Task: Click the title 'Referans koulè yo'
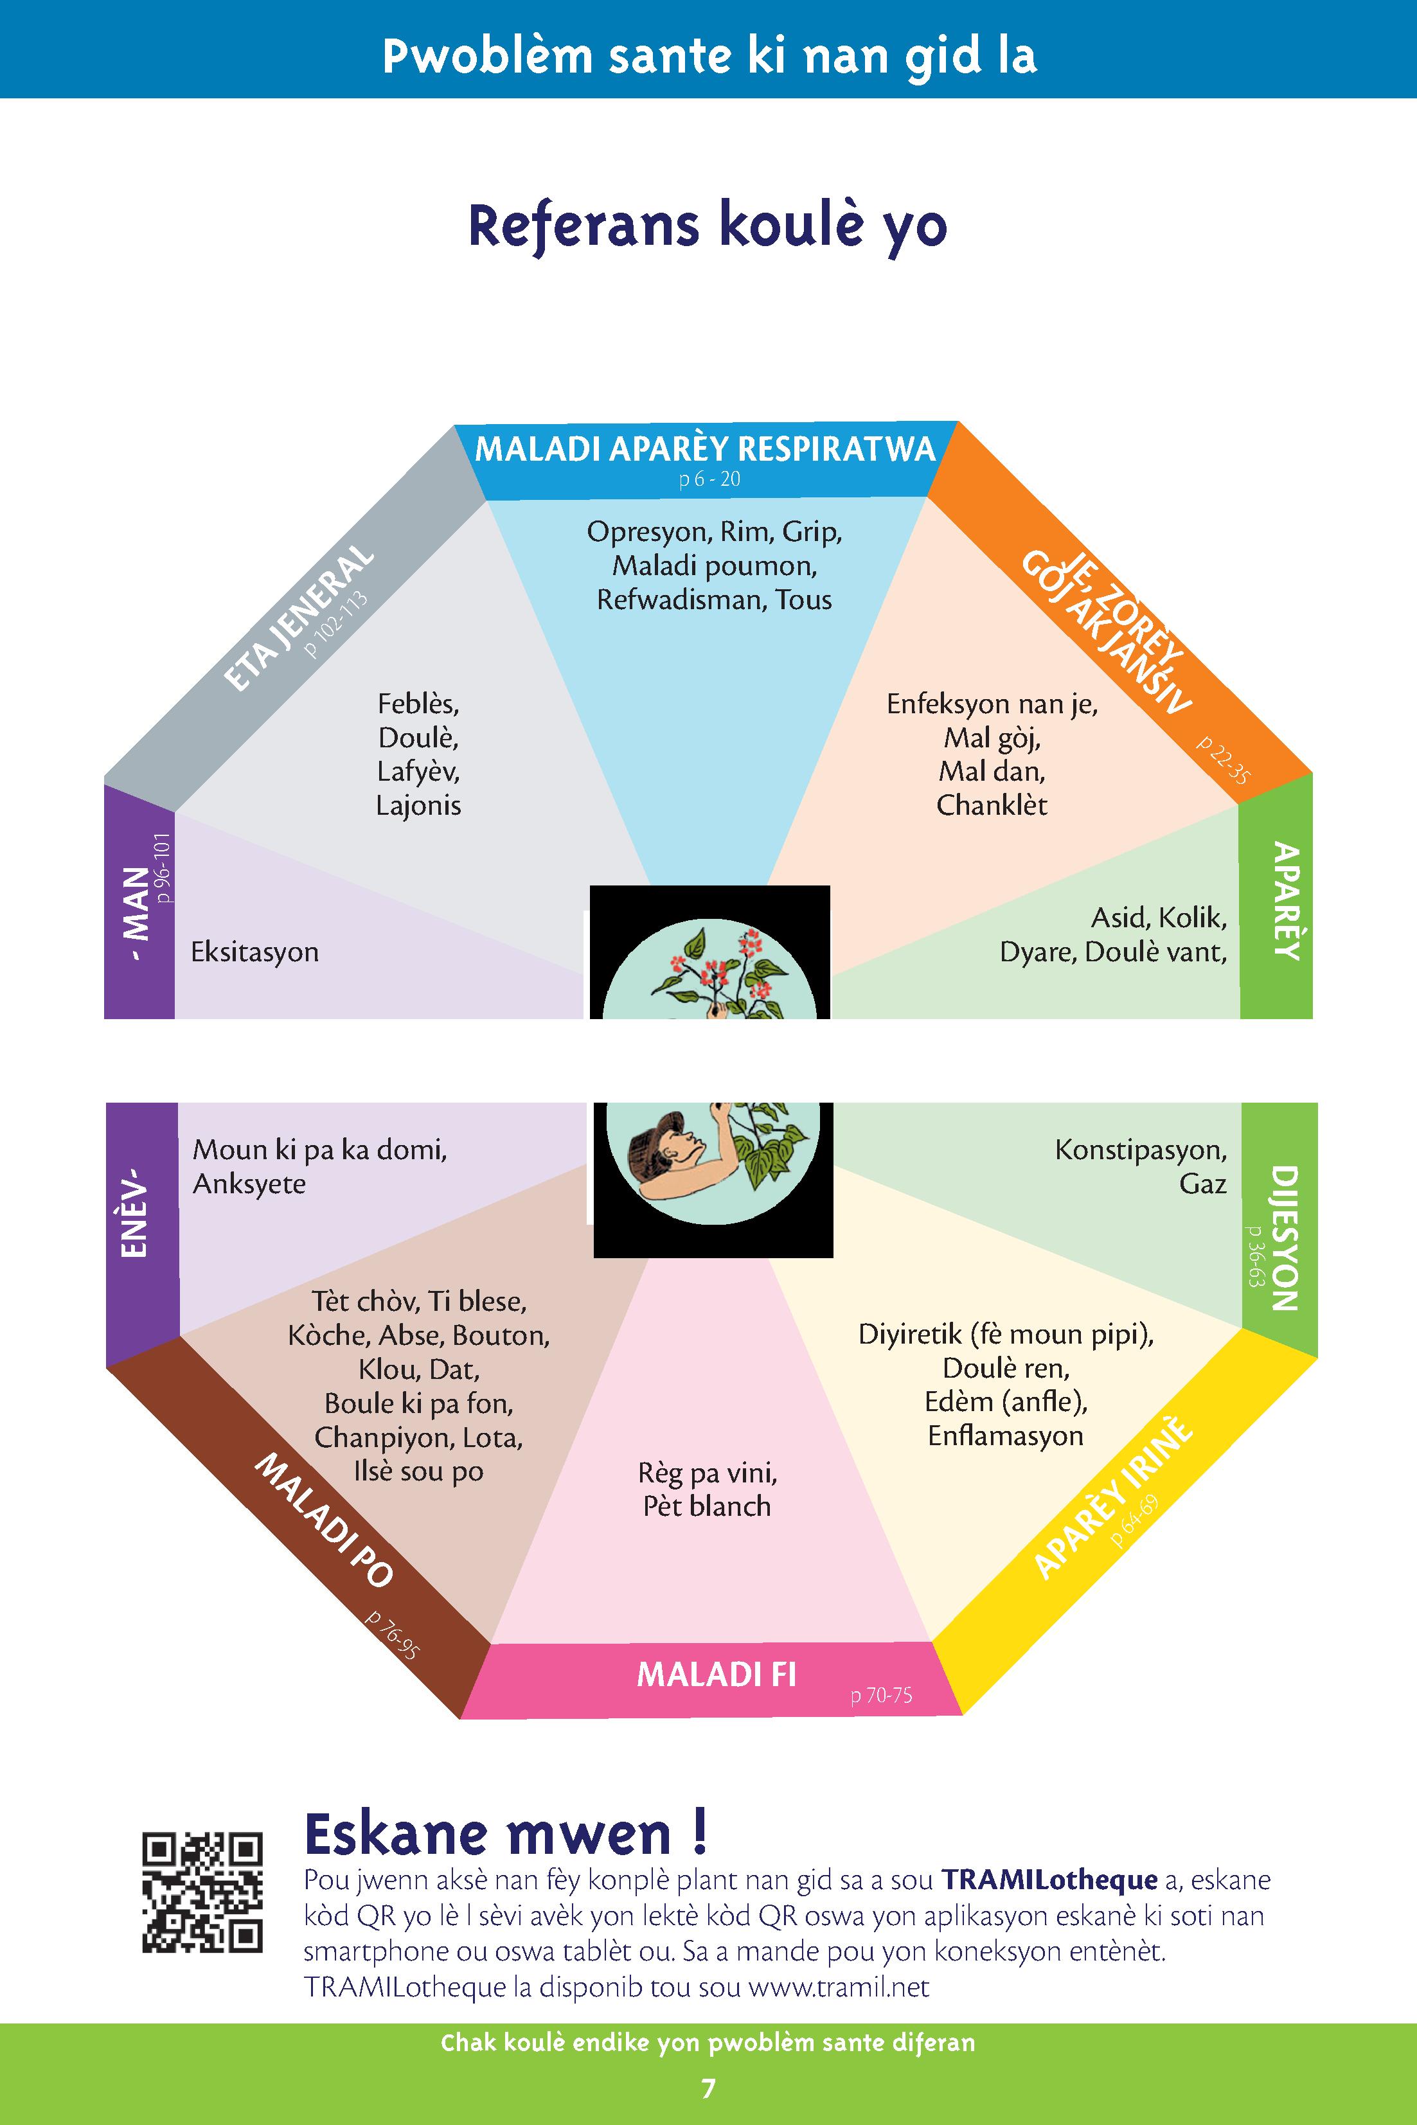[708, 226]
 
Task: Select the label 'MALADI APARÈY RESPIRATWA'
[705, 449]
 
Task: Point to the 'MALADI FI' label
[717, 1675]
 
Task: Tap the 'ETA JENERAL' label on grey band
[298, 619]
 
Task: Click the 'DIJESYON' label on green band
[1284, 1238]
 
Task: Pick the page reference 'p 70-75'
[881, 1696]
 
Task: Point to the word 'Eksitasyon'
[255, 952]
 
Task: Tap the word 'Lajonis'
[418, 806]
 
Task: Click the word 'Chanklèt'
[992, 805]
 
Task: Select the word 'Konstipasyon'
[1141, 1150]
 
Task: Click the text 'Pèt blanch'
[707, 1506]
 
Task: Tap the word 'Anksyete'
[249, 1184]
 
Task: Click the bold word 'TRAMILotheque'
[1049, 1880]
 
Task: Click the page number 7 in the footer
[708, 2087]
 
